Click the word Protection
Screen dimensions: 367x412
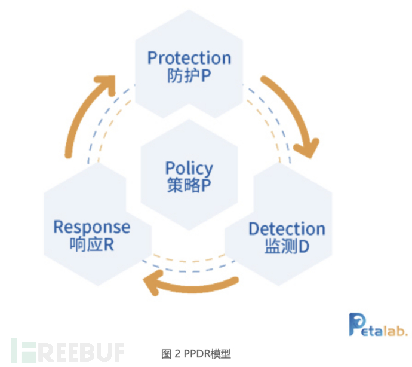[x=189, y=58]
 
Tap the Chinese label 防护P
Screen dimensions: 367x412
[x=189, y=75]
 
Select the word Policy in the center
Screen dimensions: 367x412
[x=189, y=168]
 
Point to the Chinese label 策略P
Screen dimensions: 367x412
[x=189, y=185]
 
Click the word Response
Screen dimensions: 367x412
[x=91, y=227]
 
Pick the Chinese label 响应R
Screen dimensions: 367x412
[x=91, y=244]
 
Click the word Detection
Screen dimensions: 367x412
[x=287, y=229]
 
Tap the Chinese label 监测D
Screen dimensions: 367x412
[x=287, y=246]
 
